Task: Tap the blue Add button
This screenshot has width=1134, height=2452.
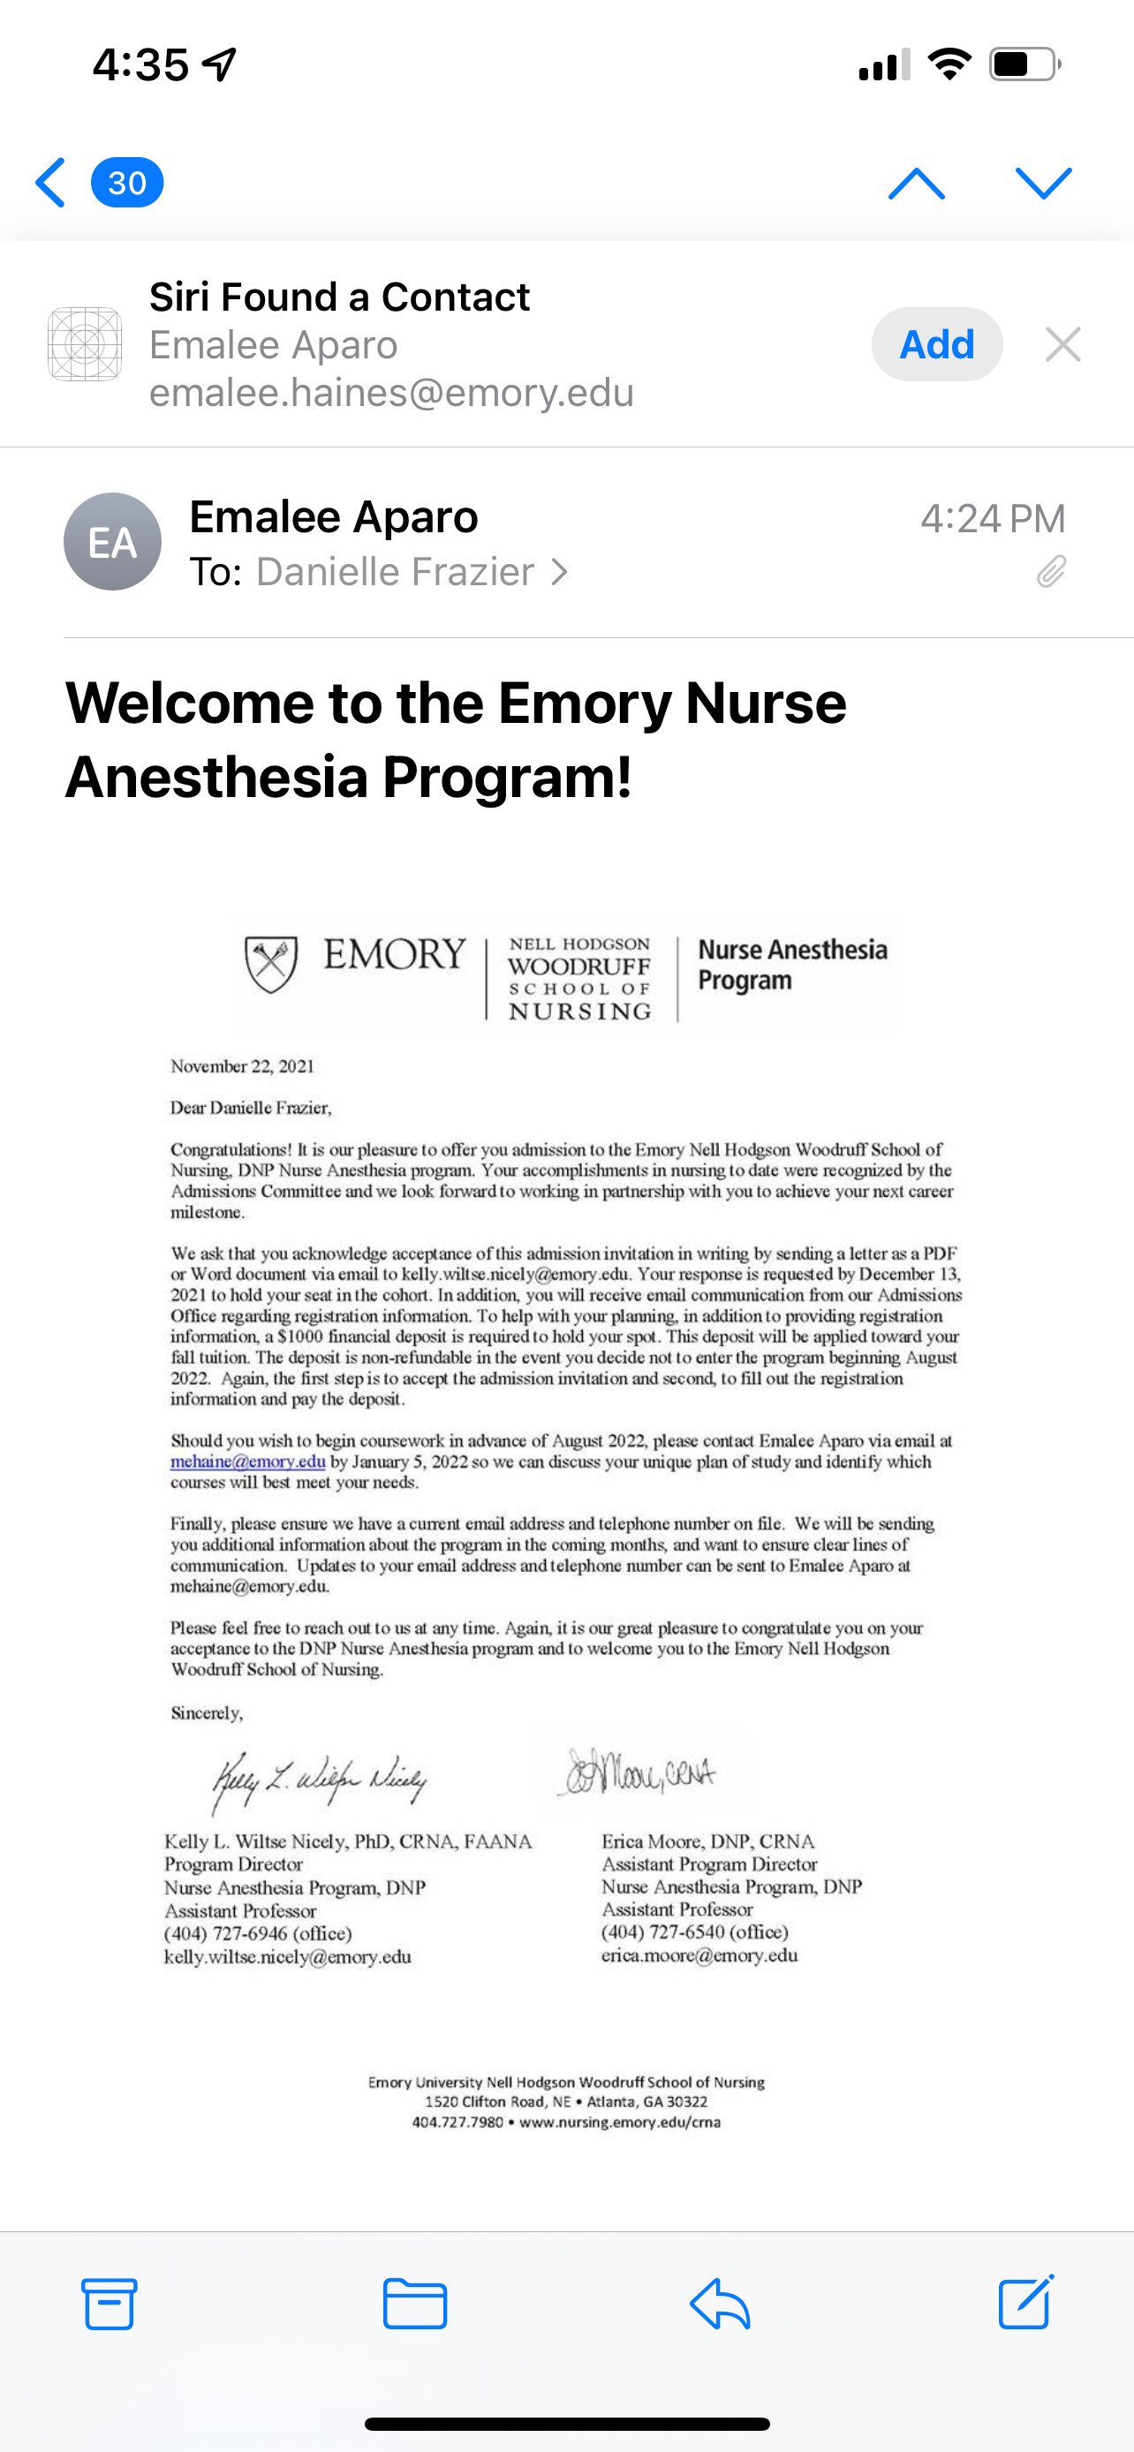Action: tap(936, 344)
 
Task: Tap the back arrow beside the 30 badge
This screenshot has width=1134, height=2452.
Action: tap(50, 182)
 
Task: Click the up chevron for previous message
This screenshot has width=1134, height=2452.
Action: tap(916, 183)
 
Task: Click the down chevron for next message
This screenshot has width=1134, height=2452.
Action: tap(1044, 183)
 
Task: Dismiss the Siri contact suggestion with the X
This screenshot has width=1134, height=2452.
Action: tap(1062, 344)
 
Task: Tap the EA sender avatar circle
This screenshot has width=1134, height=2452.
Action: tap(112, 542)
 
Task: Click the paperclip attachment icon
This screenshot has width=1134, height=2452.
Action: tap(1051, 571)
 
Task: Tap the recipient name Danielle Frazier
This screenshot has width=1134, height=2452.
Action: tap(395, 572)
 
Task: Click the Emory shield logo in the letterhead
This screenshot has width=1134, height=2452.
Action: tap(271, 963)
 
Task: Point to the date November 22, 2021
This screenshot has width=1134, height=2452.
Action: tap(242, 1066)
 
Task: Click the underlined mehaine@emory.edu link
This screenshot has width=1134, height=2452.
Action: tap(247, 1462)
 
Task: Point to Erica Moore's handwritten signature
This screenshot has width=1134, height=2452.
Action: tap(639, 1772)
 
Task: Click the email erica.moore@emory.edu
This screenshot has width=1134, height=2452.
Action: tap(699, 1955)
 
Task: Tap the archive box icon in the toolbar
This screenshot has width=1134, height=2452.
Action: tap(110, 2304)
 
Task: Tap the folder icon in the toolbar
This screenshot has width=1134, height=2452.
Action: tap(415, 2304)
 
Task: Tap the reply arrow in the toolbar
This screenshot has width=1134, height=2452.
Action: tap(720, 2304)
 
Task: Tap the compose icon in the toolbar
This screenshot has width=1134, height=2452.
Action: tap(1026, 2302)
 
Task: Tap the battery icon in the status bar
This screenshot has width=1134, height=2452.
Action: tap(1024, 64)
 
